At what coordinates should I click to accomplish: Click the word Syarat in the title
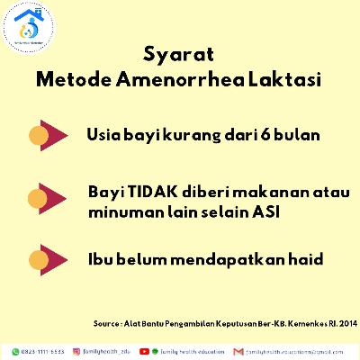(179, 55)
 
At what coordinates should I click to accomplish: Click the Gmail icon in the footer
(238, 349)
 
